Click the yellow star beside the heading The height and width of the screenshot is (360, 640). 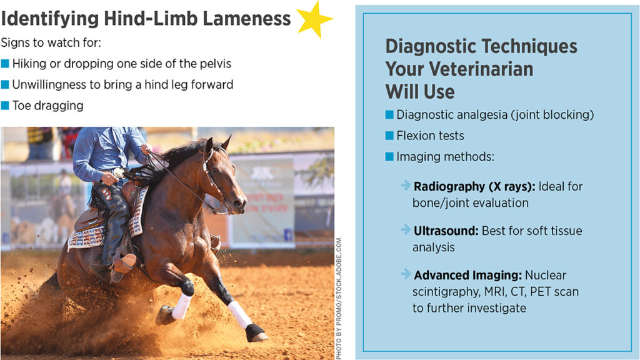tap(314, 19)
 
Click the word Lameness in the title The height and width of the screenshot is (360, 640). tap(247, 19)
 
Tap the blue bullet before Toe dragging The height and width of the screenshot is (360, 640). tap(6, 106)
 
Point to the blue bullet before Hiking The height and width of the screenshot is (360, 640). tap(6, 64)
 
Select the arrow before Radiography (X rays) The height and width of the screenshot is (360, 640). tap(406, 186)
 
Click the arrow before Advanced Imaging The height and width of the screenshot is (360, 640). tap(406, 274)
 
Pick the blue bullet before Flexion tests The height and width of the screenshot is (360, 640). tap(389, 136)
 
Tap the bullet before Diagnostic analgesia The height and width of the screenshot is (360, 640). tap(389, 115)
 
